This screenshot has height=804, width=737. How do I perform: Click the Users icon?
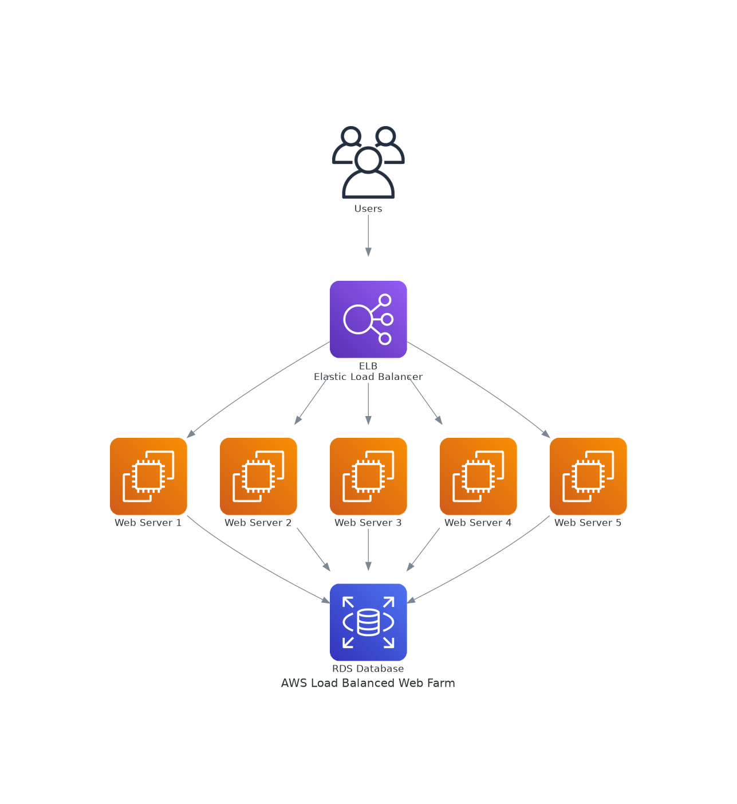pyautogui.click(x=368, y=163)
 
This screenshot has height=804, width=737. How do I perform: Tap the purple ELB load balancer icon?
pyautogui.click(x=368, y=319)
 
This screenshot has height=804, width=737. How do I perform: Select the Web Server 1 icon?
pyautogui.click(x=148, y=476)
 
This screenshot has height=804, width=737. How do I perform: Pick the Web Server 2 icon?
pyautogui.click(x=258, y=476)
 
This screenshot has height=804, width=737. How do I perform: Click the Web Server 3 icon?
pyautogui.click(x=368, y=476)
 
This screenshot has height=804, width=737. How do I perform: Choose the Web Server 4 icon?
pyautogui.click(x=478, y=476)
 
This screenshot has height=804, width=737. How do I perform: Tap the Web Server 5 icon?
pyautogui.click(x=588, y=476)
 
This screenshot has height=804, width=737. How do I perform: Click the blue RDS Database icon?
pyautogui.click(x=368, y=622)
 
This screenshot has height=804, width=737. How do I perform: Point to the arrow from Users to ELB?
pyautogui.click(x=368, y=235)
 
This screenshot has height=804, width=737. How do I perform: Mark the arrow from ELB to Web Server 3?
pyautogui.click(x=368, y=403)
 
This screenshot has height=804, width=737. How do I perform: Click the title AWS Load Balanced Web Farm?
pyautogui.click(x=368, y=683)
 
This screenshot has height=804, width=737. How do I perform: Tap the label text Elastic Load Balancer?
pyautogui.click(x=368, y=376)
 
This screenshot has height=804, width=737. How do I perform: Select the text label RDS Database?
pyautogui.click(x=368, y=669)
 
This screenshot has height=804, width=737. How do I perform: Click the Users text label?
pyautogui.click(x=368, y=209)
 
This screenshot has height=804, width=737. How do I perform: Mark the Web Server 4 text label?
pyautogui.click(x=478, y=523)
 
